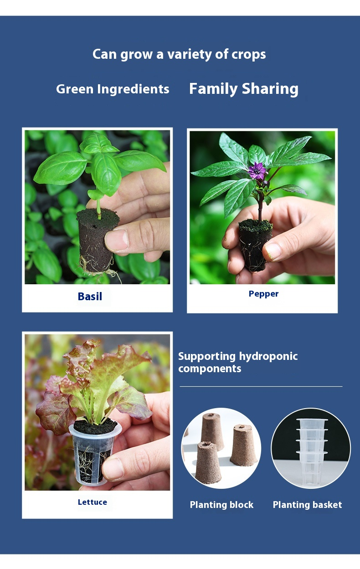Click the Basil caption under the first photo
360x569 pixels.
(x=90, y=297)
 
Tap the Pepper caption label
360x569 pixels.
(x=263, y=294)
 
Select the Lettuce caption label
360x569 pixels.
(x=93, y=502)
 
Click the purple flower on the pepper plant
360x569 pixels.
(x=257, y=171)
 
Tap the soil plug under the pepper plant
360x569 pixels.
(x=255, y=245)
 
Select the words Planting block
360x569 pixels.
(x=221, y=504)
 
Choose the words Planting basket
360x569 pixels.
(x=307, y=504)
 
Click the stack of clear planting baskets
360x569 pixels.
(x=312, y=451)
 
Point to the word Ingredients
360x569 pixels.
(x=133, y=89)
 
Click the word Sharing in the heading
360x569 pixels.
(x=270, y=89)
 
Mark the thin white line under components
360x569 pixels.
(x=261, y=387)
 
